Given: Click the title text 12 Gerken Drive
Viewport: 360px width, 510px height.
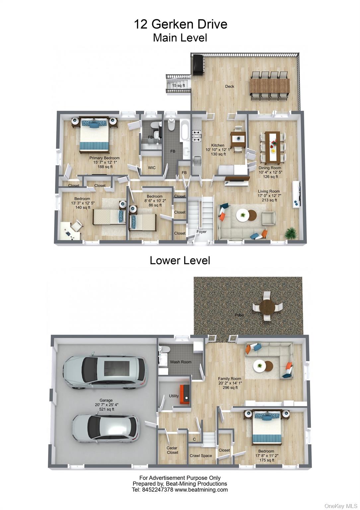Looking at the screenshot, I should click(180, 24).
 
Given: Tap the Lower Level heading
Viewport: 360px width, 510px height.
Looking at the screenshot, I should click(180, 260).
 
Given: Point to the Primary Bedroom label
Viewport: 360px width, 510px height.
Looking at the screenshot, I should click(104, 158).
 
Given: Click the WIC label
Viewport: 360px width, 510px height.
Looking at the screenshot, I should click(152, 168).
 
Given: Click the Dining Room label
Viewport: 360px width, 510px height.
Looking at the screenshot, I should click(270, 168).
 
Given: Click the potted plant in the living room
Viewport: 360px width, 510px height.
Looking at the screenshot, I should click(291, 232).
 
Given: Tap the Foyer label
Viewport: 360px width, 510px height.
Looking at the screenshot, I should click(201, 232).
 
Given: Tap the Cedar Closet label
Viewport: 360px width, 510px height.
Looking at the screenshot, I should click(172, 450).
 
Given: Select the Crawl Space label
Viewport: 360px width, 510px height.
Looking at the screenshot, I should click(200, 456).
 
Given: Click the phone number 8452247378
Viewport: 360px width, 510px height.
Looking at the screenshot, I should click(158, 489).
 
